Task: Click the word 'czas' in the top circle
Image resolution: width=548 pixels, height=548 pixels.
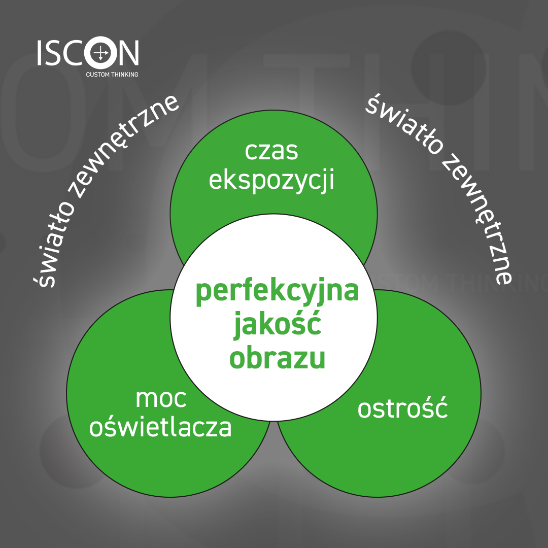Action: click(x=271, y=152)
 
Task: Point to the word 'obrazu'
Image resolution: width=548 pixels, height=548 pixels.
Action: click(x=278, y=358)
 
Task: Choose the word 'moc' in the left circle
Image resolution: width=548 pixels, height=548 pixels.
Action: click(x=161, y=399)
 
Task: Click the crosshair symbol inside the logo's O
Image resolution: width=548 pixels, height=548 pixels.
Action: click(x=100, y=53)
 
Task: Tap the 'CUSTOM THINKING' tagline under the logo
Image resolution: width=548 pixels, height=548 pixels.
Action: click(x=112, y=75)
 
